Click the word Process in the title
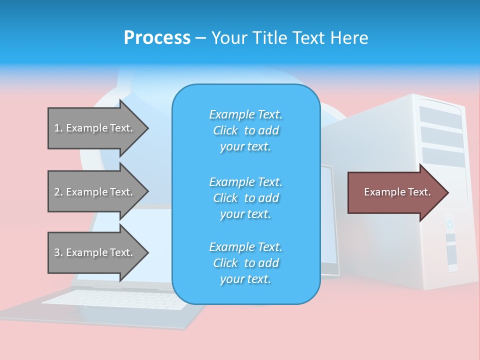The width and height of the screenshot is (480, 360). point(157,38)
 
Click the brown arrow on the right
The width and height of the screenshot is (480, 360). point(395,192)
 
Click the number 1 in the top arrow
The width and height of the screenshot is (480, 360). point(57,128)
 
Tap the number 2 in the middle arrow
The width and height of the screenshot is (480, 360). point(57,192)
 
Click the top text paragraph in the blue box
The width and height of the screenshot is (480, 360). point(245,130)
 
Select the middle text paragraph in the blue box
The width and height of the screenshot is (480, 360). point(245,197)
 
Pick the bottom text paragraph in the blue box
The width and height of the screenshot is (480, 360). point(245,263)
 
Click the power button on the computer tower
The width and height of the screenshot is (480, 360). point(449,224)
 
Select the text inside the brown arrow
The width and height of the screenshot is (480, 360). point(397,192)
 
